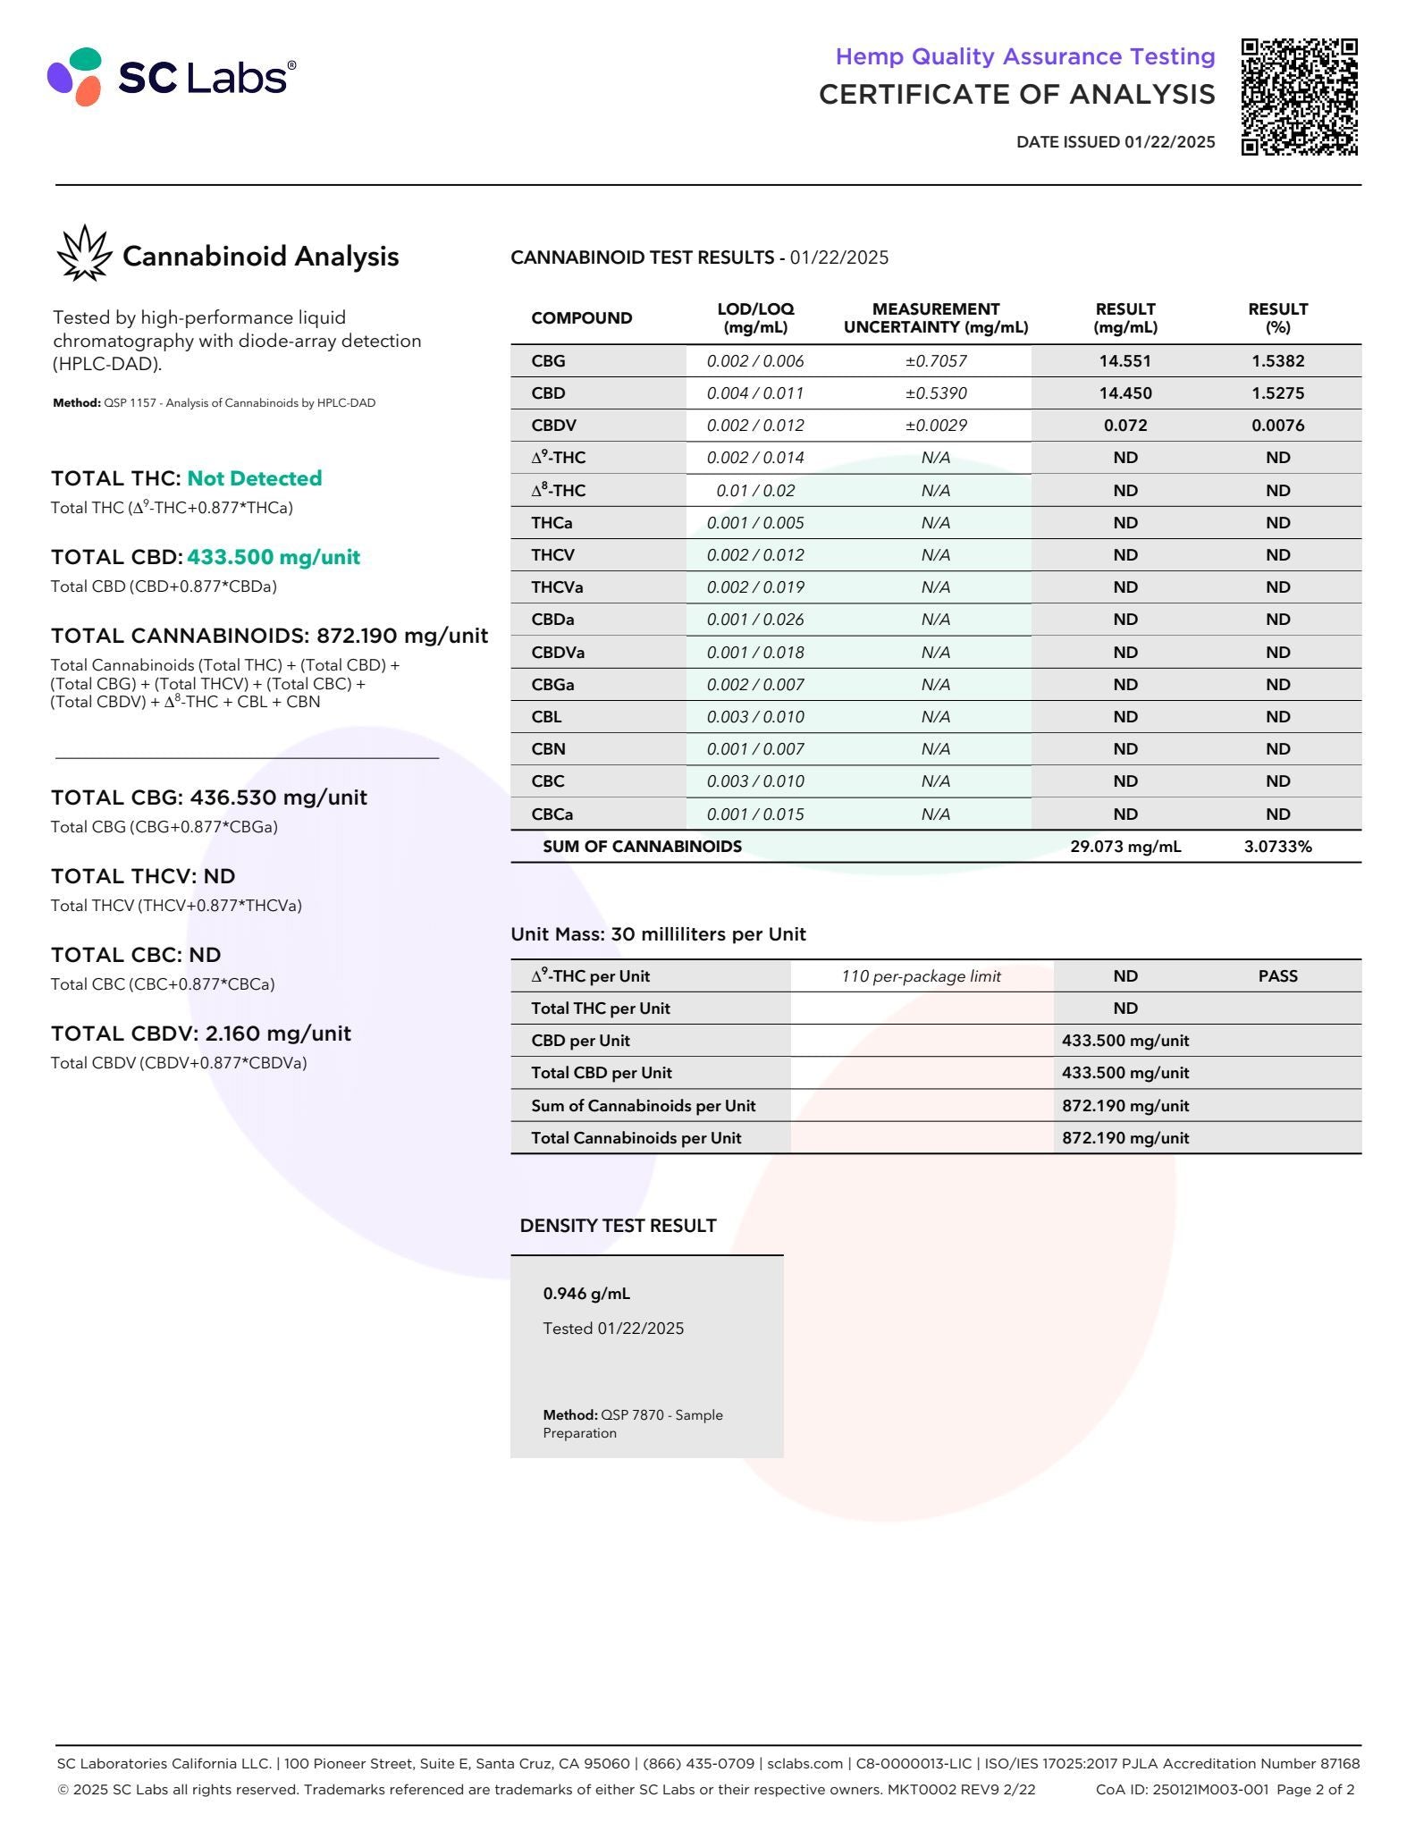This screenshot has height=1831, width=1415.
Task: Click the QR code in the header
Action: (1299, 97)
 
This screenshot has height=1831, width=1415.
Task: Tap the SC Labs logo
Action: (171, 77)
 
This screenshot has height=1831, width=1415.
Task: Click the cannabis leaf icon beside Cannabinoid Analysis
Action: (84, 254)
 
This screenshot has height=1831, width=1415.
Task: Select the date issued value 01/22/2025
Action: (1169, 141)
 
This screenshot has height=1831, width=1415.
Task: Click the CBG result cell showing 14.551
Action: (1124, 361)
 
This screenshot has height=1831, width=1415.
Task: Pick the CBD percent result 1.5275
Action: (1277, 393)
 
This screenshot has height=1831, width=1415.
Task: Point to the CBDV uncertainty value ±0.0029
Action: (935, 426)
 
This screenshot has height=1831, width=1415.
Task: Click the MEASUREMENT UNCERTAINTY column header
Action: (935, 318)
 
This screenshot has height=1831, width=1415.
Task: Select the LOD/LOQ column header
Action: (755, 318)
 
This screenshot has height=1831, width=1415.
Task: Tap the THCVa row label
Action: (557, 587)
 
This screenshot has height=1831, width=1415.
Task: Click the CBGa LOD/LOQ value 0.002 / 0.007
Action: (755, 685)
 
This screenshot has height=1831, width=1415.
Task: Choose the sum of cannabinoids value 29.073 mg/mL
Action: (1124, 847)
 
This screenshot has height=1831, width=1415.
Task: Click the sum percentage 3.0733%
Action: (1277, 847)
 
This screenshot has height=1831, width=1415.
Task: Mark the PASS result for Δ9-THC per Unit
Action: (1277, 976)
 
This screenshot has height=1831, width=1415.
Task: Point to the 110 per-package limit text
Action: (921, 976)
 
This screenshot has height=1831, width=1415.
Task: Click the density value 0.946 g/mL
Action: (586, 1294)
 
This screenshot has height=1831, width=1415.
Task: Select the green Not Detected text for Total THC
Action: (254, 478)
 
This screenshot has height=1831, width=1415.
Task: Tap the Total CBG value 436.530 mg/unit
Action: (278, 797)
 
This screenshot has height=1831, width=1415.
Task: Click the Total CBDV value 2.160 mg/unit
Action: (278, 1034)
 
